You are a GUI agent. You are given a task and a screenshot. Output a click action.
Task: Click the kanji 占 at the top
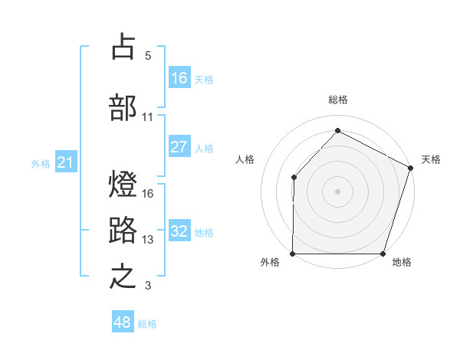point(123,46)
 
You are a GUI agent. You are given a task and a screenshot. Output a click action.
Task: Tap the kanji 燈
point(123,185)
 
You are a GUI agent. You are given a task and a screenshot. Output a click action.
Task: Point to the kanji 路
point(123,230)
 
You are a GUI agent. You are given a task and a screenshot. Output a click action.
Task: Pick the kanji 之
point(123,277)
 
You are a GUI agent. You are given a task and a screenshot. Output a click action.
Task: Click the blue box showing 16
point(179,78)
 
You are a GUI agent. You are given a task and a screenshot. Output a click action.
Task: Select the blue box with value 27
point(179,147)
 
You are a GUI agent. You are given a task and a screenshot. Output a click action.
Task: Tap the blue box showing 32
point(179,232)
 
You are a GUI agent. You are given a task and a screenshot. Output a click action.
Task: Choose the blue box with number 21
point(66,162)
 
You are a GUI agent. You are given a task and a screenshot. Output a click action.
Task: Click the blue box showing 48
point(123,322)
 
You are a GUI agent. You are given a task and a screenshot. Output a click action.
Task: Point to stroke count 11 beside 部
point(148,117)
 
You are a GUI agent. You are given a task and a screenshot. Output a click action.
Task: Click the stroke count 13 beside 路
point(148,240)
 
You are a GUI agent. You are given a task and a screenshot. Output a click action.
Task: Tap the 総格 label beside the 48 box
point(148,324)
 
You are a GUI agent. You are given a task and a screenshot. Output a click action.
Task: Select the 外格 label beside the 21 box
point(41,164)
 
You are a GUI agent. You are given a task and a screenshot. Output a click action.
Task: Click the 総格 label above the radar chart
point(338,100)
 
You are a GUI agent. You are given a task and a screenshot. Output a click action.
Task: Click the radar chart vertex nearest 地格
point(383,254)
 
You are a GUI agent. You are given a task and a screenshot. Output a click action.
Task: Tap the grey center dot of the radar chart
point(337,191)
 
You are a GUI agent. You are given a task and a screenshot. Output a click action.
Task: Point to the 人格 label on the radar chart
point(245,159)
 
